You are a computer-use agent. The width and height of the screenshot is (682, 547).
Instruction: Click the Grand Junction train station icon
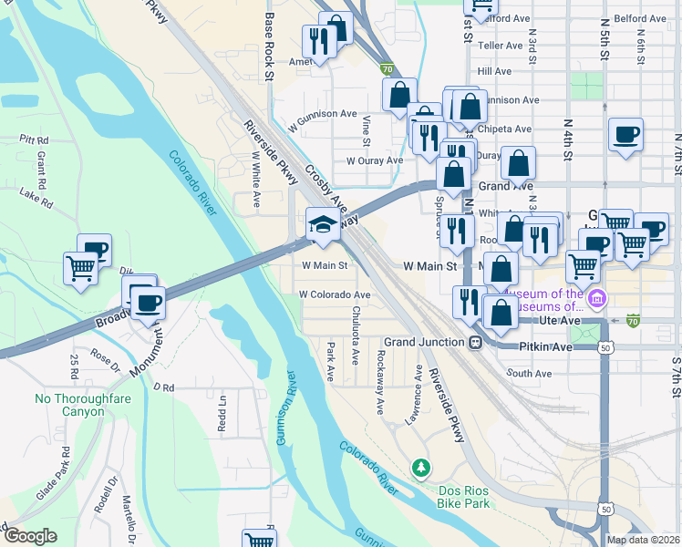pyautogui.click(x=475, y=342)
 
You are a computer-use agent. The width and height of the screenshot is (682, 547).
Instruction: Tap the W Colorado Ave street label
pyautogui.click(x=335, y=295)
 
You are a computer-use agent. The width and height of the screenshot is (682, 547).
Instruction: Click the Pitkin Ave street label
pyautogui.click(x=544, y=347)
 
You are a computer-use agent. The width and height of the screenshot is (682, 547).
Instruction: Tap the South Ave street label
pyautogui.click(x=530, y=374)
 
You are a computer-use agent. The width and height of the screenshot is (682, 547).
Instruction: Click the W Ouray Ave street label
pyautogui.click(x=374, y=160)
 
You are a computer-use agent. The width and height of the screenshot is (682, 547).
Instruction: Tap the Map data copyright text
pyautogui.click(x=643, y=540)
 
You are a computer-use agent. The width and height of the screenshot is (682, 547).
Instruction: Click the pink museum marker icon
pyautogui.click(x=597, y=297)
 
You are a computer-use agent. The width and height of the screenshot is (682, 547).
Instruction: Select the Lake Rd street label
pyautogui.click(x=36, y=195)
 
